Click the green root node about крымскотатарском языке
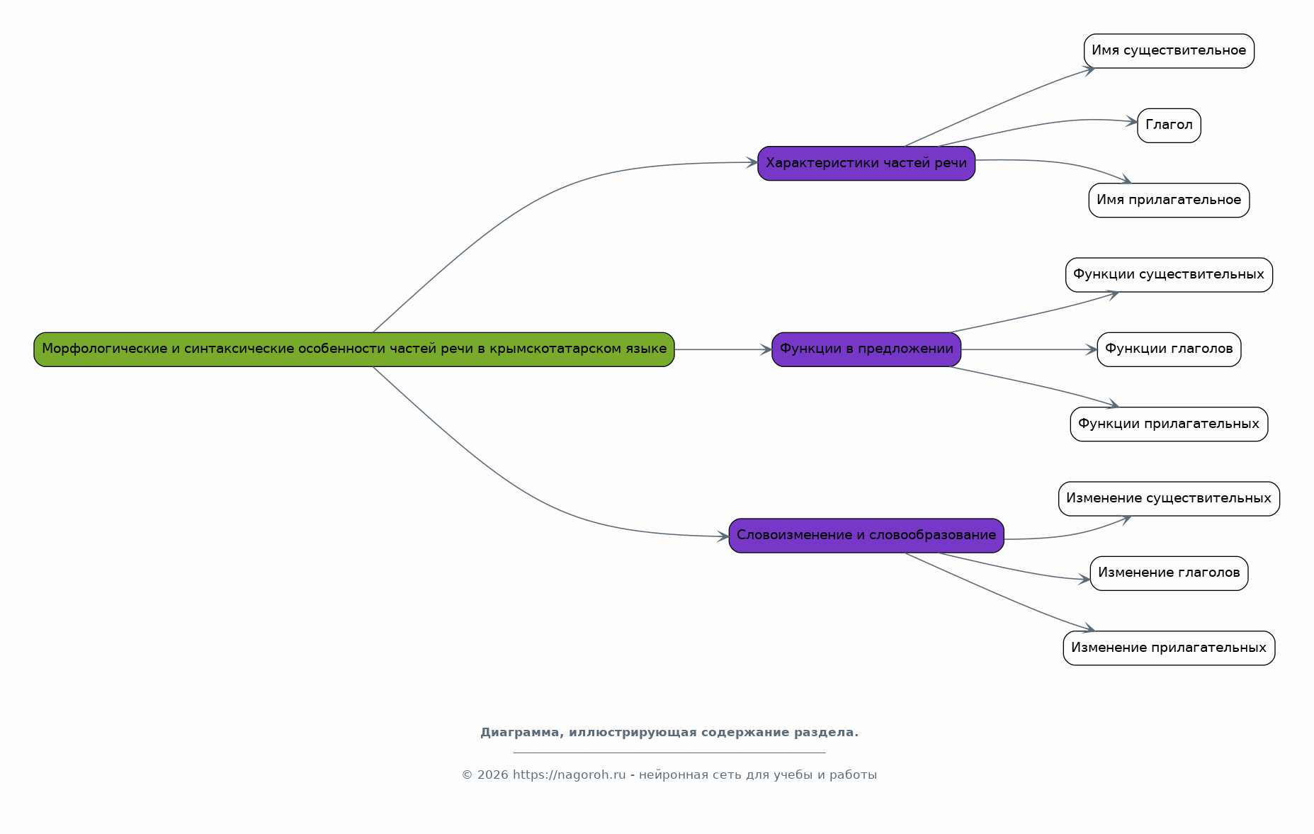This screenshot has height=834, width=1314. pyautogui.click(x=354, y=349)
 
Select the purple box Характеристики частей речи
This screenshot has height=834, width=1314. pyautogui.click(x=866, y=164)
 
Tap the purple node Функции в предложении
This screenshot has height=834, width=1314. pyautogui.click(x=866, y=349)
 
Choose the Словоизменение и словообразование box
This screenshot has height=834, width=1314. pyautogui.click(x=866, y=536)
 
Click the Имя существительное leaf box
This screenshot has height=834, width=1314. pyautogui.click(x=1169, y=51)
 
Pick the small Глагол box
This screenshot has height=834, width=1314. pyautogui.click(x=1169, y=125)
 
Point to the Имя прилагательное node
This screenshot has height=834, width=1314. pyautogui.click(x=1169, y=201)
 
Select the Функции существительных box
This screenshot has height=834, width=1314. pyautogui.click(x=1169, y=275)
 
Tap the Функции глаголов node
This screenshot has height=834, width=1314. pyautogui.click(x=1169, y=349)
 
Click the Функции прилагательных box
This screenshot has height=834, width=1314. pyautogui.click(x=1169, y=424)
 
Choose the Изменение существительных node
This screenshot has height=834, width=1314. pyautogui.click(x=1169, y=499)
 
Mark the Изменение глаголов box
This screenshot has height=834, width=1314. pyautogui.click(x=1169, y=573)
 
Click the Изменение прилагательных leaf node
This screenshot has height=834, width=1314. pyautogui.click(x=1169, y=648)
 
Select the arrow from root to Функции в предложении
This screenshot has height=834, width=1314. pyautogui.click(x=723, y=349)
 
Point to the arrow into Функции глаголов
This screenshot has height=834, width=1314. pyautogui.click(x=1029, y=349)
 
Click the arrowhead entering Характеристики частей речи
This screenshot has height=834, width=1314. pyautogui.click(x=752, y=163)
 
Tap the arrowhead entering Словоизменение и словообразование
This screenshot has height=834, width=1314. pyautogui.click(x=723, y=537)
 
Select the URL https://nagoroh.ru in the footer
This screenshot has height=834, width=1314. pyautogui.click(x=570, y=775)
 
